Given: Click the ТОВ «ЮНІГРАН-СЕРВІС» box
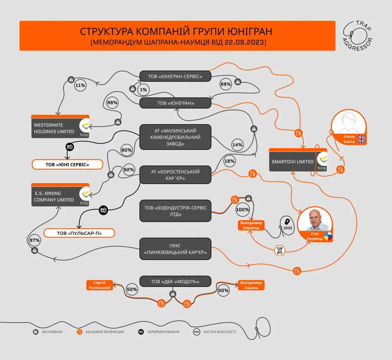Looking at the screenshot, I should (175, 76).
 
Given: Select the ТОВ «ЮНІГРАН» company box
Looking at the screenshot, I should (175, 103).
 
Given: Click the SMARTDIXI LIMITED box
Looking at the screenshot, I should (292, 161).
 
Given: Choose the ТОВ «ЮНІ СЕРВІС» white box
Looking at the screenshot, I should (67, 164).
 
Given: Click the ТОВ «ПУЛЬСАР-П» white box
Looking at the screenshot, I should (79, 233).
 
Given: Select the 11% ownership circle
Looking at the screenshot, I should (80, 85).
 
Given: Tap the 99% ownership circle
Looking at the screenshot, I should (112, 103).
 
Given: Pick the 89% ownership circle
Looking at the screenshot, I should (226, 84).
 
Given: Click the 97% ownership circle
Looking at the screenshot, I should (35, 240).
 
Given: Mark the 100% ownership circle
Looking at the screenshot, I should (243, 210).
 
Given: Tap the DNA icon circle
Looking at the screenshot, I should (280, 250).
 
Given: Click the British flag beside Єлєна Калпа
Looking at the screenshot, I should (361, 139).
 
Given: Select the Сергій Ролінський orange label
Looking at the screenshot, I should (100, 285).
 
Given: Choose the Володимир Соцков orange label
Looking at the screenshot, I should (251, 285).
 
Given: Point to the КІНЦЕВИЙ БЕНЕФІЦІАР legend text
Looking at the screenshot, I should (105, 332).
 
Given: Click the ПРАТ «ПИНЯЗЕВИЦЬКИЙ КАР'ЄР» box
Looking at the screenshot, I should (175, 249).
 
